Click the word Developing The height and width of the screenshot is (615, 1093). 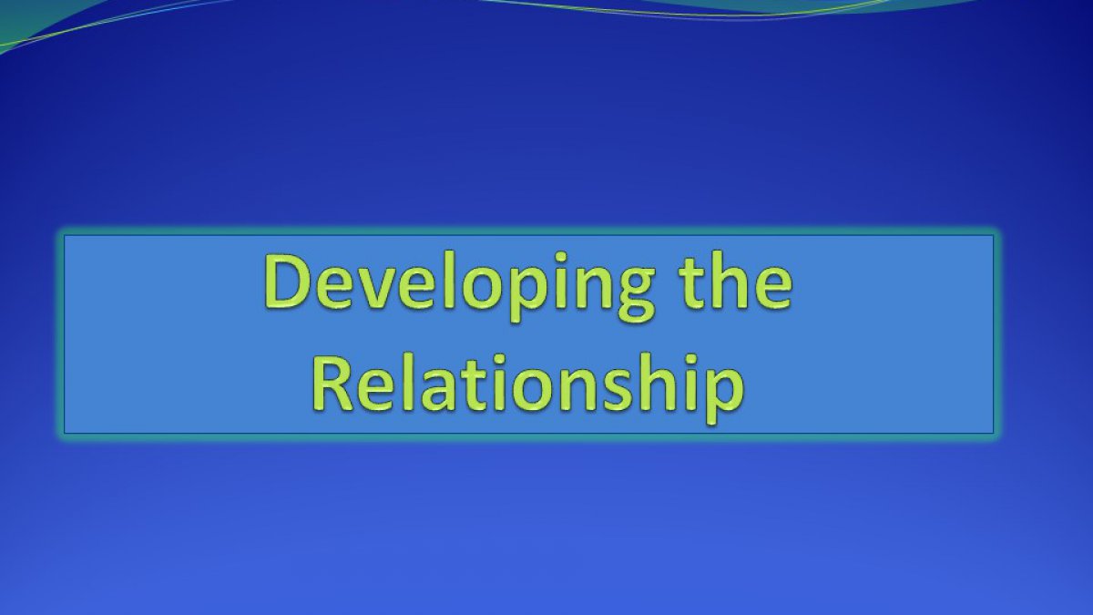(x=459, y=288)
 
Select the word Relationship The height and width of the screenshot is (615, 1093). (x=528, y=388)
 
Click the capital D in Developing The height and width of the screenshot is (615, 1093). (x=290, y=281)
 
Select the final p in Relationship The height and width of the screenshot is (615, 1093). (x=725, y=396)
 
